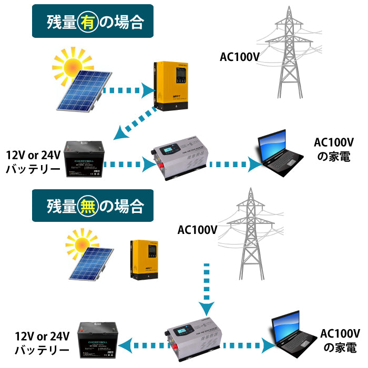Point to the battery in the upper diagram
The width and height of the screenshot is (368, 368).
click(x=86, y=160)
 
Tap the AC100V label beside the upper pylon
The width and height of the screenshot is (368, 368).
click(x=239, y=57)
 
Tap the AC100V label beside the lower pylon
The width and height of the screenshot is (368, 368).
click(x=197, y=230)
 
